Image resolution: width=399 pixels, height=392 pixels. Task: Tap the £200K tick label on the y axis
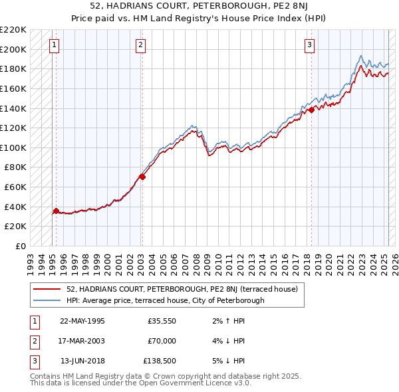(13, 49)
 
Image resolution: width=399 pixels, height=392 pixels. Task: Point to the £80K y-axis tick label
(15, 167)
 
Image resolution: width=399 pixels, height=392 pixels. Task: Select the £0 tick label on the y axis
(21, 246)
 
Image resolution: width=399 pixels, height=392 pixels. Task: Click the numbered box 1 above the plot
(54, 45)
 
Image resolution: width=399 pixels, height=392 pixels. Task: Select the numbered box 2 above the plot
(141, 45)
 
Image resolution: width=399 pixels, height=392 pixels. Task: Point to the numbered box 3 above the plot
(309, 45)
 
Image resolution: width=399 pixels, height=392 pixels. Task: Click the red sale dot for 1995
(56, 211)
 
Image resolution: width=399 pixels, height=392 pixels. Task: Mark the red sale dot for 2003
(142, 177)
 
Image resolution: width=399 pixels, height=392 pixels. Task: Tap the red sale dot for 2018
(311, 110)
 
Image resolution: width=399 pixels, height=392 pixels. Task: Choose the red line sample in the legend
(48, 289)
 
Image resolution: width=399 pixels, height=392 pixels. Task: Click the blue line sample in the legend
(48, 300)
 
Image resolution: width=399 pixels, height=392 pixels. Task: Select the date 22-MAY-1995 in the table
(82, 320)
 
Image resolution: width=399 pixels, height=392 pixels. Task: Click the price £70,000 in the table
(161, 341)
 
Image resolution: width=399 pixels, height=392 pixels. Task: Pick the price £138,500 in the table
(159, 361)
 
